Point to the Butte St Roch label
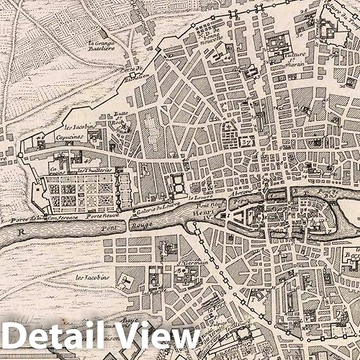[120, 120]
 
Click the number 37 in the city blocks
[245, 140]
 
